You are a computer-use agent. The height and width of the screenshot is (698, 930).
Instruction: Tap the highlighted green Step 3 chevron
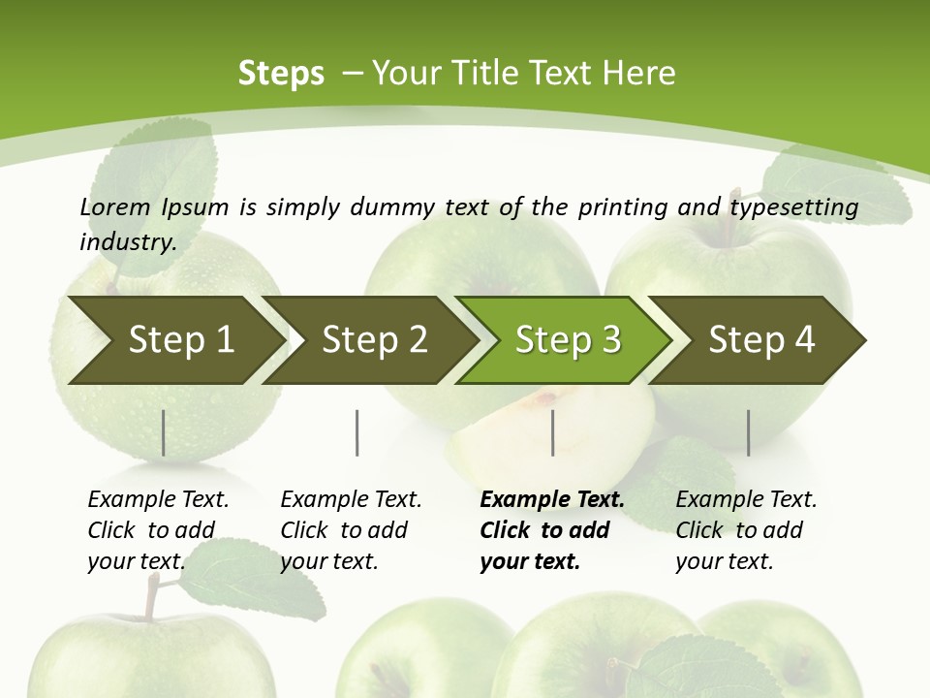click(x=568, y=339)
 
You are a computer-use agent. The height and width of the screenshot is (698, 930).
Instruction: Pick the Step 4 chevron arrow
click(x=761, y=339)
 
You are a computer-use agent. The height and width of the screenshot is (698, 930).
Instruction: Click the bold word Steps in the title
click(x=281, y=73)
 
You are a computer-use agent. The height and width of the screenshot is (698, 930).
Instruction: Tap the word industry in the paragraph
click(x=128, y=241)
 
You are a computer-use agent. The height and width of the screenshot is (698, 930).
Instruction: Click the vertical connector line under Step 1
click(x=164, y=432)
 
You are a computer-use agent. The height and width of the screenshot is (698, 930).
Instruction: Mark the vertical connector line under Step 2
click(x=357, y=432)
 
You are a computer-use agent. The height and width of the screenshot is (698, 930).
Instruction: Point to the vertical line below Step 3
click(x=553, y=432)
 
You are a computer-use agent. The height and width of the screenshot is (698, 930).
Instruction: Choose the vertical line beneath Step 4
click(x=748, y=432)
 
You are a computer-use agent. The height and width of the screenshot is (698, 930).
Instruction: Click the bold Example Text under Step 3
click(x=552, y=499)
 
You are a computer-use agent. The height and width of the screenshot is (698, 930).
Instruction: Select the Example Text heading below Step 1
click(x=158, y=499)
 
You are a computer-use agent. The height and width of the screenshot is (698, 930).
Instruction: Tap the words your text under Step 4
click(x=724, y=561)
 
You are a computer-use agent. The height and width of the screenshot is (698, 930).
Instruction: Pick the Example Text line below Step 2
click(x=351, y=499)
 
